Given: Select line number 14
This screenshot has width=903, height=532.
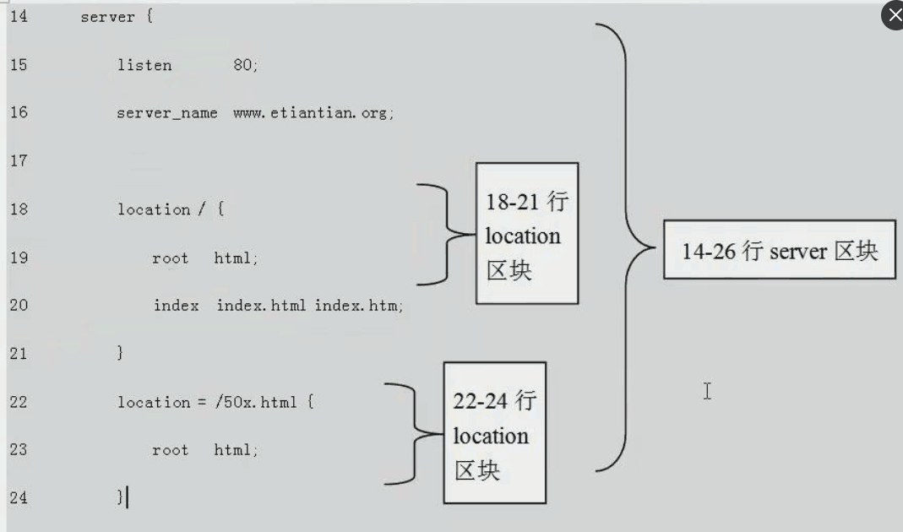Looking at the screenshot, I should tap(18, 16).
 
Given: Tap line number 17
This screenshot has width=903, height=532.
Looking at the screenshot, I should tap(18, 160).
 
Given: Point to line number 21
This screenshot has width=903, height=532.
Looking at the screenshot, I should tap(18, 353).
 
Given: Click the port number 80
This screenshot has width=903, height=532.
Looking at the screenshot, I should tap(243, 65).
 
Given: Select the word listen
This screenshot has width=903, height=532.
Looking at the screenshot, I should tap(144, 65).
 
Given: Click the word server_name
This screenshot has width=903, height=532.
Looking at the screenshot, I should tap(166, 113).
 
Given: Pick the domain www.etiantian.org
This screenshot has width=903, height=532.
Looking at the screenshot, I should tap(313, 113).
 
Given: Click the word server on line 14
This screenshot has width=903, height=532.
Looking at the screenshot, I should tap(107, 17).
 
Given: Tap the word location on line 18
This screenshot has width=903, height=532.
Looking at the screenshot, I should tap(153, 209).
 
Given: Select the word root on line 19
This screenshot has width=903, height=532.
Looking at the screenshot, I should tap(170, 258).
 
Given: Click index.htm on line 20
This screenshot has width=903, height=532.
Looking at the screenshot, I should tap(358, 306).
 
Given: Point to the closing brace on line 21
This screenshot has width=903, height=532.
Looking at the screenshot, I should tap(120, 354).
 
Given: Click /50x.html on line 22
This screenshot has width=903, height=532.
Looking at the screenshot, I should tap(256, 402).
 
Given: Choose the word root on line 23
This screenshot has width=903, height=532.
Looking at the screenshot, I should tap(170, 450).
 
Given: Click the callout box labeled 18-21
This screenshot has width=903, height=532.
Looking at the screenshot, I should tap(527, 234).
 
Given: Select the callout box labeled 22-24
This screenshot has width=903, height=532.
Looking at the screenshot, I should tap(495, 433).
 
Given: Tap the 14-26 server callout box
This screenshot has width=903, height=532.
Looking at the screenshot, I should tap(779, 249).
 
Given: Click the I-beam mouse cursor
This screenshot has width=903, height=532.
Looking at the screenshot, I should tap(707, 391).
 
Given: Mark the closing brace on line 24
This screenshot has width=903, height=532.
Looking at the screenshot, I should tap(120, 497).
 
